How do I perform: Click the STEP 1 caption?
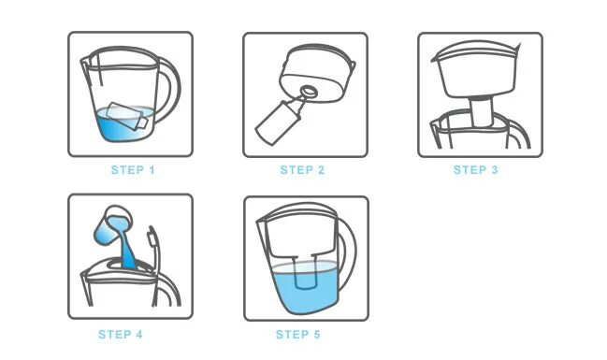[x=133, y=170]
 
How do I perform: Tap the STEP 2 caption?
[x=302, y=170]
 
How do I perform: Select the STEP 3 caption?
[x=475, y=170]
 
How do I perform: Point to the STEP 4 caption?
[x=121, y=335]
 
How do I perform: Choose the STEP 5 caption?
[x=298, y=335]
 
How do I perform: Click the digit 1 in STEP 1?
[x=152, y=170]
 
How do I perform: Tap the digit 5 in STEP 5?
[x=317, y=335]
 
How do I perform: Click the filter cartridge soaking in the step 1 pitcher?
[x=127, y=116]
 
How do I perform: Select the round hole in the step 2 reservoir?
[x=309, y=92]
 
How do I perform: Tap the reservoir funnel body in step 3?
[x=477, y=70]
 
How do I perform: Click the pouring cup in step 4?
[x=112, y=224]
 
